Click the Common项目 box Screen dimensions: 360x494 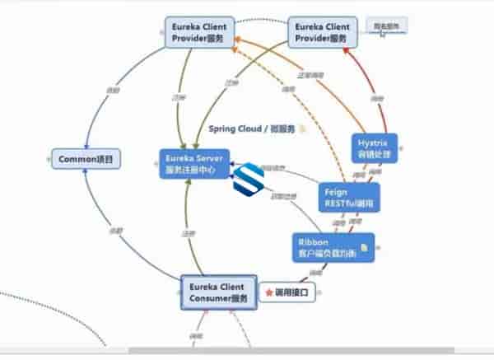[86, 158]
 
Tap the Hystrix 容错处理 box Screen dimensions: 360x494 [373, 147]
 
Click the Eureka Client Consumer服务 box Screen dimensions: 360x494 [218, 292]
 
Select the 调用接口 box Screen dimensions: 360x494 [289, 292]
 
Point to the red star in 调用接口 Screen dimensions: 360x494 [269, 292]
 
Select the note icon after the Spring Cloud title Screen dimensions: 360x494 [302, 129]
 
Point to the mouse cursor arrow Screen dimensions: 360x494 [383, 34]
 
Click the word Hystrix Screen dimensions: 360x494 [372, 142]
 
